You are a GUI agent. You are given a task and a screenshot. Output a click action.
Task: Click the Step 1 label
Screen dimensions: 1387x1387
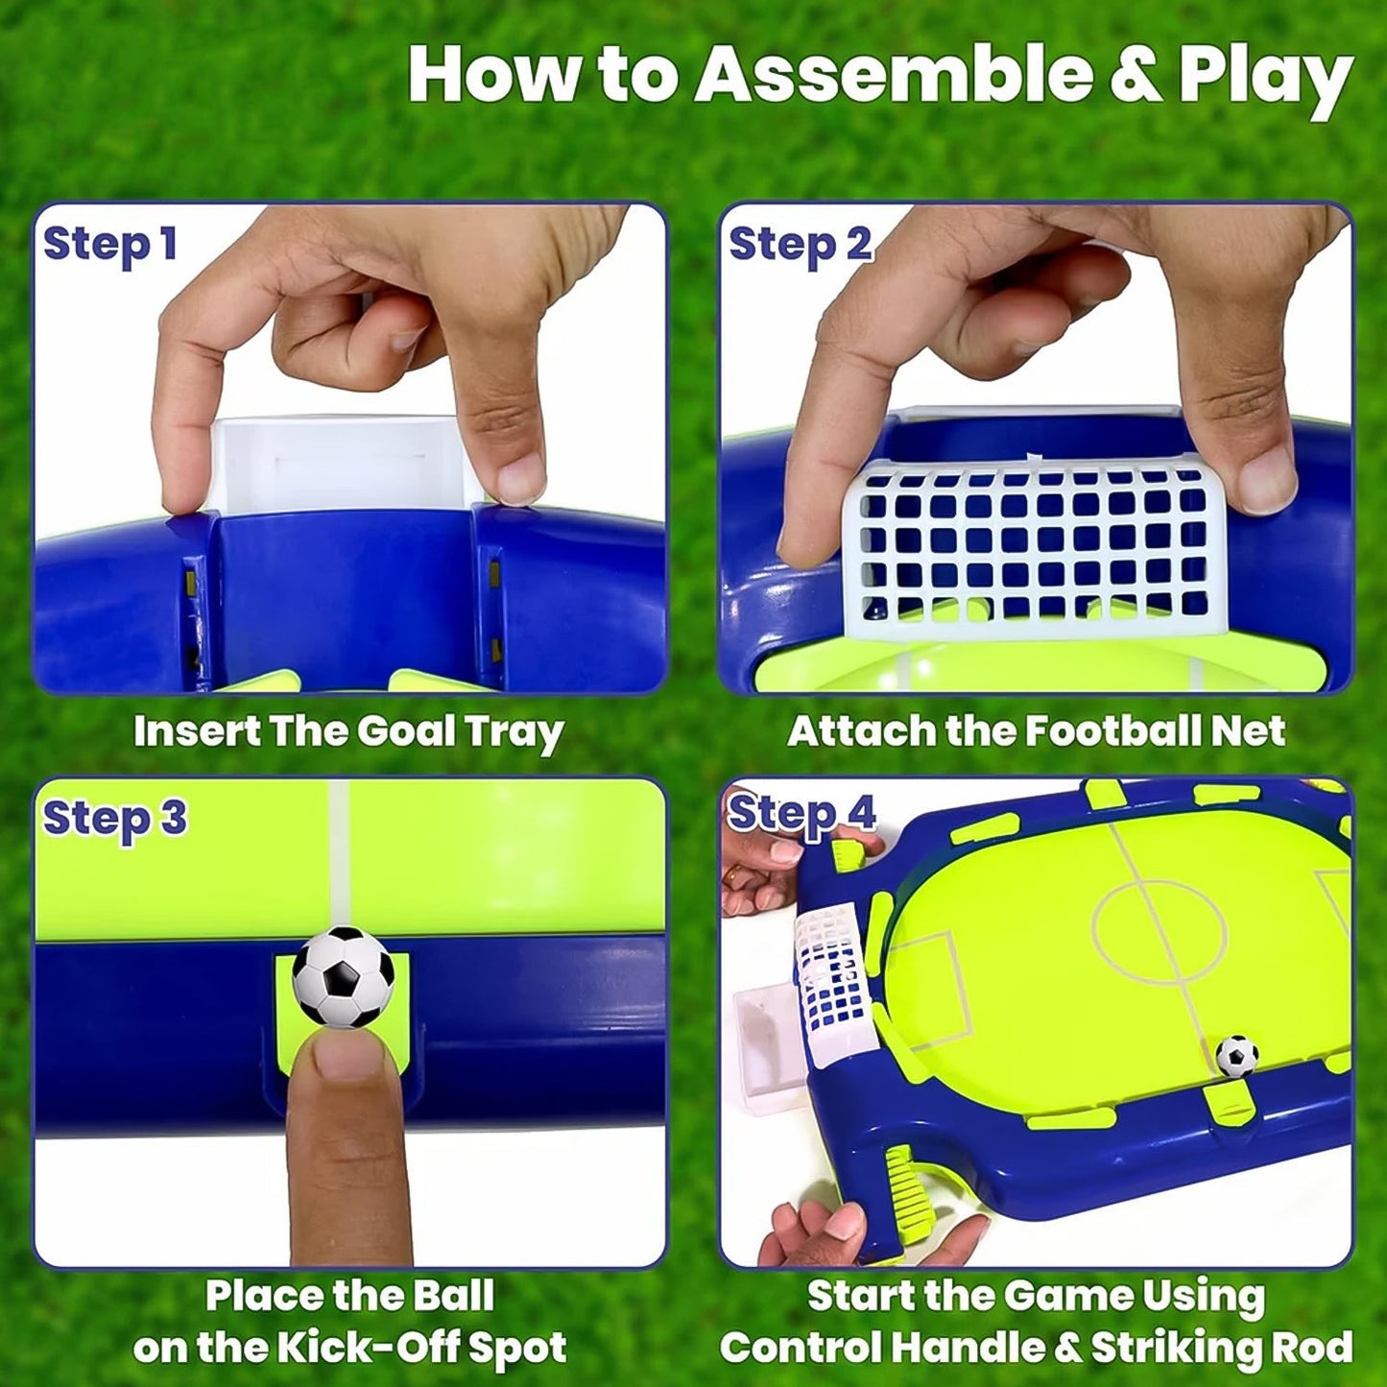pyautogui.click(x=110, y=244)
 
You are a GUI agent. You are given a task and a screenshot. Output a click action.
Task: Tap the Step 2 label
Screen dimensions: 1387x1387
pyautogui.click(x=800, y=244)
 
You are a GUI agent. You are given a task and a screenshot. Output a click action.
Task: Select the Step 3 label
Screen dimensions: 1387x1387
pyautogui.click(x=114, y=819)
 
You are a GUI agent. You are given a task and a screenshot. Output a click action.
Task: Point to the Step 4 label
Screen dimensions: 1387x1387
pyautogui.click(x=801, y=814)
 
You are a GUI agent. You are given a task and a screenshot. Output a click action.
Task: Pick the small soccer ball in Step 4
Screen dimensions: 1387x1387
pyautogui.click(x=1236, y=1056)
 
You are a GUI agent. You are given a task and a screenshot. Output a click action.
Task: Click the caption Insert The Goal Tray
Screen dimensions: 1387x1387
pyautogui.click(x=347, y=732)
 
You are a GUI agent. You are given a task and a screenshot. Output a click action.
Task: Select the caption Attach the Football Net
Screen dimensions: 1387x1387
pyautogui.click(x=1036, y=732)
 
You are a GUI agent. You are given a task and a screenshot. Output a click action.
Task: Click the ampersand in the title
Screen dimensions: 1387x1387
pyautogui.click(x=1135, y=77)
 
